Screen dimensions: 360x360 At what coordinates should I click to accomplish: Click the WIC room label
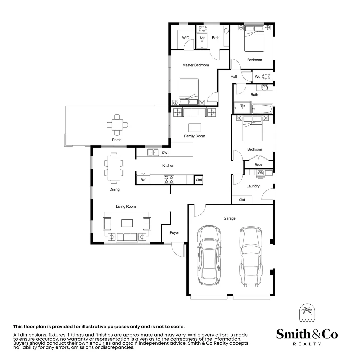point(186,38)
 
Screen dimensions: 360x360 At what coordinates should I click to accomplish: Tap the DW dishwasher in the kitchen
point(165,153)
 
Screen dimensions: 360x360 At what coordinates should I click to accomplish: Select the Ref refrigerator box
point(143,180)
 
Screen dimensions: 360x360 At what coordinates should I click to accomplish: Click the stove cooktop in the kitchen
point(169,179)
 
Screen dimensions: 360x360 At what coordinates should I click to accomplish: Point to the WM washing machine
point(260,173)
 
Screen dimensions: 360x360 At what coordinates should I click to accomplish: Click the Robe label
point(258,165)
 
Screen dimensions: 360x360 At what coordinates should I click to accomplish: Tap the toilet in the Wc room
point(266,77)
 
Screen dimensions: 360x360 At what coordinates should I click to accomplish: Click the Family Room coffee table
point(195,128)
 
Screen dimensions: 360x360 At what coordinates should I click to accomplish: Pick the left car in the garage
point(208,254)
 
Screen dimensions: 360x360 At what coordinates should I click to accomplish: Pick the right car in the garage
point(250,256)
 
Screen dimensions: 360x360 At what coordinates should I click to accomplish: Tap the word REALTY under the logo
point(307,344)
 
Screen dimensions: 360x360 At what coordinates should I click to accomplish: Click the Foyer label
point(174,233)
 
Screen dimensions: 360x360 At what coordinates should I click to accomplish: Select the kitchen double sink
point(153,152)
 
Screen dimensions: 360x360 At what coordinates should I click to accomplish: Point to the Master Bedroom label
point(196,65)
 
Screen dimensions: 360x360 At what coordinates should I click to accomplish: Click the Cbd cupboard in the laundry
point(242,200)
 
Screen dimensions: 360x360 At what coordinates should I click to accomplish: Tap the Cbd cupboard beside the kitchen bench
point(199,180)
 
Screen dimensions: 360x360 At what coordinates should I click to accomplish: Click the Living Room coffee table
point(127,223)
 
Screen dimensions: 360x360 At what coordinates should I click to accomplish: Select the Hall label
point(234,77)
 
